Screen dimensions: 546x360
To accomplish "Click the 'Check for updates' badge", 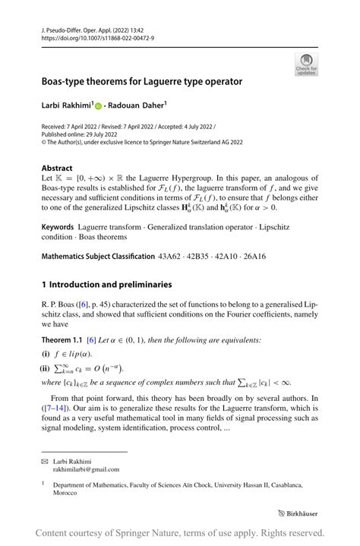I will [306, 64].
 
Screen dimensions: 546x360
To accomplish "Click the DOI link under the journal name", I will [88, 37].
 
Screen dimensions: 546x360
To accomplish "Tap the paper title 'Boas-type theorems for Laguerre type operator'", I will [141, 80].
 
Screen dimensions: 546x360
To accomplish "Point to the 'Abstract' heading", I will [57, 168].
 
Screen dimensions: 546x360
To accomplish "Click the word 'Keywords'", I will [58, 227].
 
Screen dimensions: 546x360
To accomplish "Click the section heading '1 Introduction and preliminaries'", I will [107, 285].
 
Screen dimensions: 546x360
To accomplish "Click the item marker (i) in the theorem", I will [46, 353].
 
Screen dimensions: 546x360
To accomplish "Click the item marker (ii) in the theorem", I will [46, 368].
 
